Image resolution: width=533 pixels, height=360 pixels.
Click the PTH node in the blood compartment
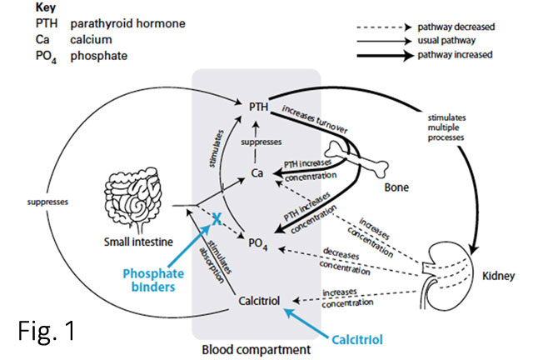tap(258, 107)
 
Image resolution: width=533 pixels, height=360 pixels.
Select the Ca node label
tap(258, 172)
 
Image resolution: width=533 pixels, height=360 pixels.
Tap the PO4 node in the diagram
tap(258, 242)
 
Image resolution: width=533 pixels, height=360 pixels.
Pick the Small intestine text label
tap(130, 242)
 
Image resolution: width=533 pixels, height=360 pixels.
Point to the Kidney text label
tap(498, 273)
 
